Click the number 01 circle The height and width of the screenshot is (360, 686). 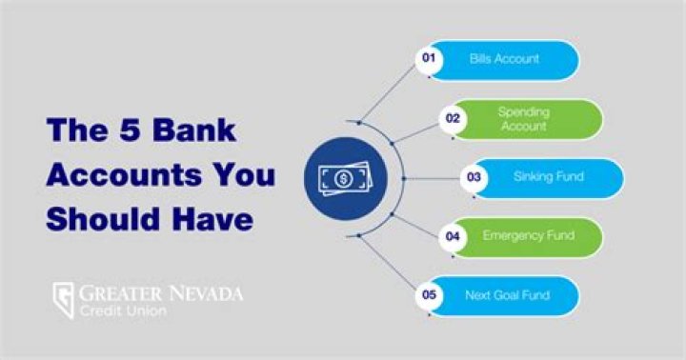coord(430,59)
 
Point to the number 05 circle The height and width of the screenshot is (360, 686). coord(430,295)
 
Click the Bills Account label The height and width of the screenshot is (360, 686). coord(504,59)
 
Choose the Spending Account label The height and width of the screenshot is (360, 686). coord(523,119)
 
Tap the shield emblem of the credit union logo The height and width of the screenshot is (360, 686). coord(64,301)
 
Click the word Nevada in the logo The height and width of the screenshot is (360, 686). coord(203,292)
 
